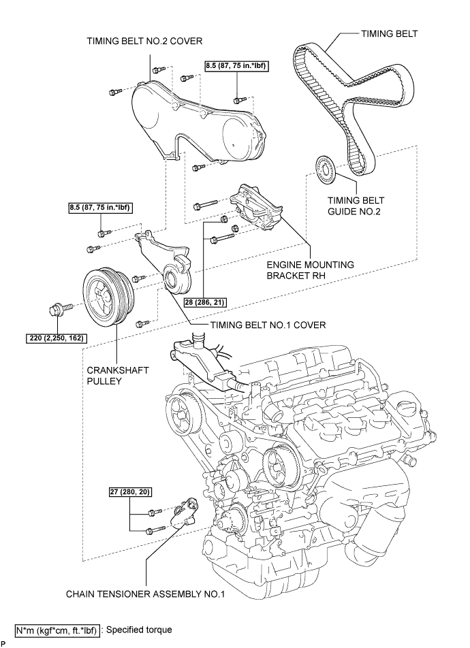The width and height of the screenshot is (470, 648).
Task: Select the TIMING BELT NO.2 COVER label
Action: (x=144, y=41)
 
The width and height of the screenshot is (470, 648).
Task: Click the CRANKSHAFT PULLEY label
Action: (x=108, y=376)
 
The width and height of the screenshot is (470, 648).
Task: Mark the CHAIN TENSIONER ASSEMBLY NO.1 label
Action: (x=145, y=594)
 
